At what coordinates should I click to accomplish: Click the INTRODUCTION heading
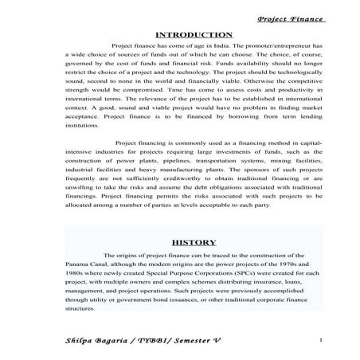(x=193, y=35)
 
